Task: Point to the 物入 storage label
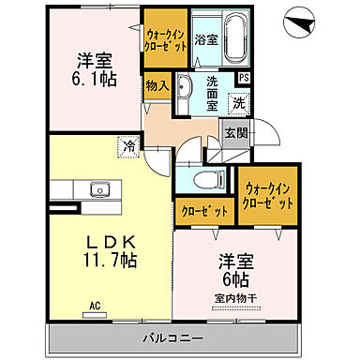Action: click(157, 85)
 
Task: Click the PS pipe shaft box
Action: click(244, 79)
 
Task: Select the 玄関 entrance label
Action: click(235, 132)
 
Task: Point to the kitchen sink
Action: click(98, 190)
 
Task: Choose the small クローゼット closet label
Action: click(203, 212)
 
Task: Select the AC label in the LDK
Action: click(94, 306)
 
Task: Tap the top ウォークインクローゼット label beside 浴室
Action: click(167, 37)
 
